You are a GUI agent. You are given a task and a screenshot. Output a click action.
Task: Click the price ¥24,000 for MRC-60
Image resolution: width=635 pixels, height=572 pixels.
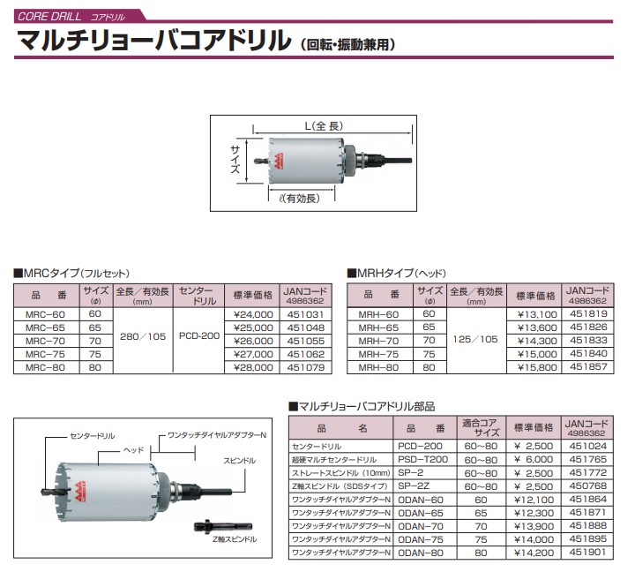coord(253,314)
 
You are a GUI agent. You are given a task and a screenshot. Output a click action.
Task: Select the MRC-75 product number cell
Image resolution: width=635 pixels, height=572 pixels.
coord(45,354)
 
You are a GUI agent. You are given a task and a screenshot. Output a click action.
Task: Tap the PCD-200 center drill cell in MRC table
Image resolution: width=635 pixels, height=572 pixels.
coord(199,336)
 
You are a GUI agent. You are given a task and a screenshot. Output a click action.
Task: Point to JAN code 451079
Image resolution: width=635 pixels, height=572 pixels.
coord(306,368)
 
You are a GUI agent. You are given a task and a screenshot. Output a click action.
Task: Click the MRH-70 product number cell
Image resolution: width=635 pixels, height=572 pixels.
coord(378,341)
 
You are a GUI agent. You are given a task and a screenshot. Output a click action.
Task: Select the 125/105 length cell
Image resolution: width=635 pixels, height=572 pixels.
coord(475,339)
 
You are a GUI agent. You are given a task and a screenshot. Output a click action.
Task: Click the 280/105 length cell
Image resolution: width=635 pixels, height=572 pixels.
coord(143,336)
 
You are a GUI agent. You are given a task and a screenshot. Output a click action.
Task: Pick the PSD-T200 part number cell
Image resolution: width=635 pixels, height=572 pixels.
coord(422,459)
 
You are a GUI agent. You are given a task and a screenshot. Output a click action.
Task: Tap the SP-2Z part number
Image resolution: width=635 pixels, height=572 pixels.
coord(414,486)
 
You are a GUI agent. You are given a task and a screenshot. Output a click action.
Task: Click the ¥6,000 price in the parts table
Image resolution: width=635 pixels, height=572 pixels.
coord(534,459)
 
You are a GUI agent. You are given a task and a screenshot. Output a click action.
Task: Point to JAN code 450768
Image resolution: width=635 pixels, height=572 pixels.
coord(588,485)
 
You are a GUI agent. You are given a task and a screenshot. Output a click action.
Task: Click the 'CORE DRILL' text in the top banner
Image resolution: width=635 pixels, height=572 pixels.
coord(49,17)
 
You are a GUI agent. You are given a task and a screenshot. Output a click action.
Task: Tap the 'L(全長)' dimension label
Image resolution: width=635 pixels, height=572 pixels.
coord(324,126)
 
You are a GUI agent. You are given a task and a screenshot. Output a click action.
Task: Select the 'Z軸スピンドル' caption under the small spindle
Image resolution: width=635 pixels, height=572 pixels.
coord(235,539)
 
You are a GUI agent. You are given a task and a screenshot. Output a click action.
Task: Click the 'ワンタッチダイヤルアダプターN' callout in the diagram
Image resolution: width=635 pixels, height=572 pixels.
coord(217,435)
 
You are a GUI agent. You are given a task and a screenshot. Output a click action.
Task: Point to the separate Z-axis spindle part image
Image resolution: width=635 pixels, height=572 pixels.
coord(223,527)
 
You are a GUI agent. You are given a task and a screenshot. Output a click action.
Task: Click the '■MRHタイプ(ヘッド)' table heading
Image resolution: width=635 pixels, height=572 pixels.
coord(397,274)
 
